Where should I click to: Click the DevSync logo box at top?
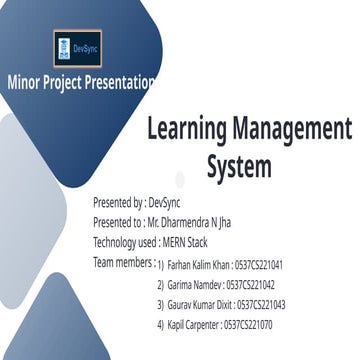click(x=80, y=48)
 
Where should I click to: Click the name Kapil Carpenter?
click(x=194, y=325)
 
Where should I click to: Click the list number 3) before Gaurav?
click(x=160, y=305)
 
